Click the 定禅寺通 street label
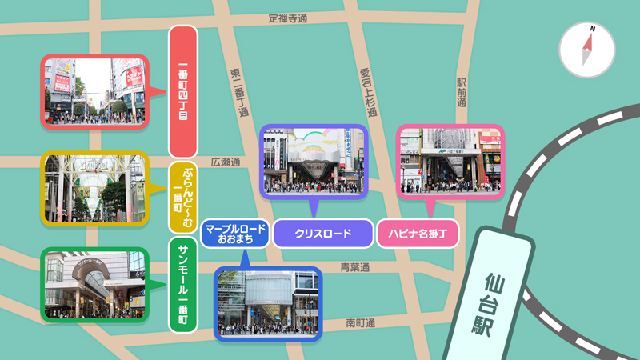pos(288,18)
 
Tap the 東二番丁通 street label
pos(238,93)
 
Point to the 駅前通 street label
pos(462,93)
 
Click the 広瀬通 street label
pos(226,162)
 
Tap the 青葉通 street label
pos(355,267)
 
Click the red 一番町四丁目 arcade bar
pos(183,91)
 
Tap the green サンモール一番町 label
pos(183,284)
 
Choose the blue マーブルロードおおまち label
pos(234,234)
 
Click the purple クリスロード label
pos(323,234)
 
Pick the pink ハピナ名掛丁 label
pos(418,234)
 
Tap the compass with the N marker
pos(587,50)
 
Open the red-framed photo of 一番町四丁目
pos(94,91)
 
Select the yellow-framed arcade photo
pos(94,188)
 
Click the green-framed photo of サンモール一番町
pos(94,285)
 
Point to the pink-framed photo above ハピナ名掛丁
pos(450,162)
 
